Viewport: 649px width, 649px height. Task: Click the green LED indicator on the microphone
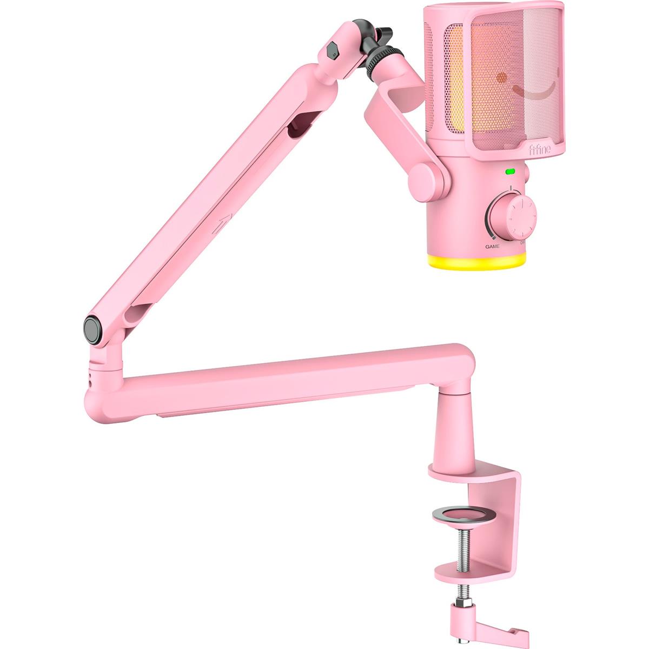(510, 173)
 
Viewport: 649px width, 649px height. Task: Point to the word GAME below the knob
(492, 246)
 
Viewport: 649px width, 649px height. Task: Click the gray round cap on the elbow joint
(94, 330)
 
